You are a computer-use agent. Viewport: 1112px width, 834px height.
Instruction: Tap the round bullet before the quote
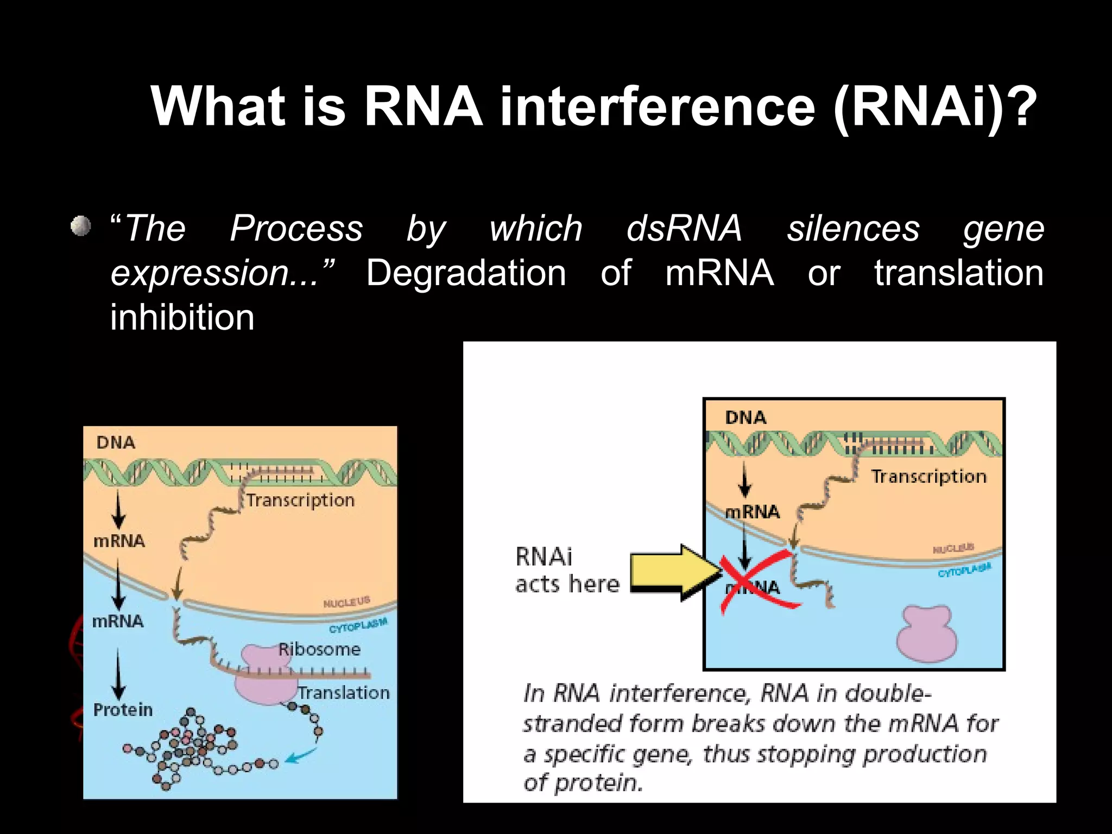pos(81,225)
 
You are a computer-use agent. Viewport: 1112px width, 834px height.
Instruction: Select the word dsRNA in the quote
pos(684,228)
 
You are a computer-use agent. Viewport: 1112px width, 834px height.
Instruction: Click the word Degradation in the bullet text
pos(466,273)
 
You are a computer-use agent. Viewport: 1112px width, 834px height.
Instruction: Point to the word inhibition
pos(182,318)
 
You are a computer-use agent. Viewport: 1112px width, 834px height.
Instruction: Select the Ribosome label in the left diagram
pos(319,649)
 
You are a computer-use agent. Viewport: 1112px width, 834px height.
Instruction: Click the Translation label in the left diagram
pos(344,693)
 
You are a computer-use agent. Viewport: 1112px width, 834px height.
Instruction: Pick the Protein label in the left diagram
pos(123,710)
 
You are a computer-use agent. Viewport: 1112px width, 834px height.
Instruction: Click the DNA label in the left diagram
pos(116,443)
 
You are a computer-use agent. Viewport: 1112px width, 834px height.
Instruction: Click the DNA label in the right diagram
pos(745,418)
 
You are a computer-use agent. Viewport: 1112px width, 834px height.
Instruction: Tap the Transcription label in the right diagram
pos(928,476)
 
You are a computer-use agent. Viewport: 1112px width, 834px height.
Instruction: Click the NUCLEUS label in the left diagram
pos(346,602)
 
